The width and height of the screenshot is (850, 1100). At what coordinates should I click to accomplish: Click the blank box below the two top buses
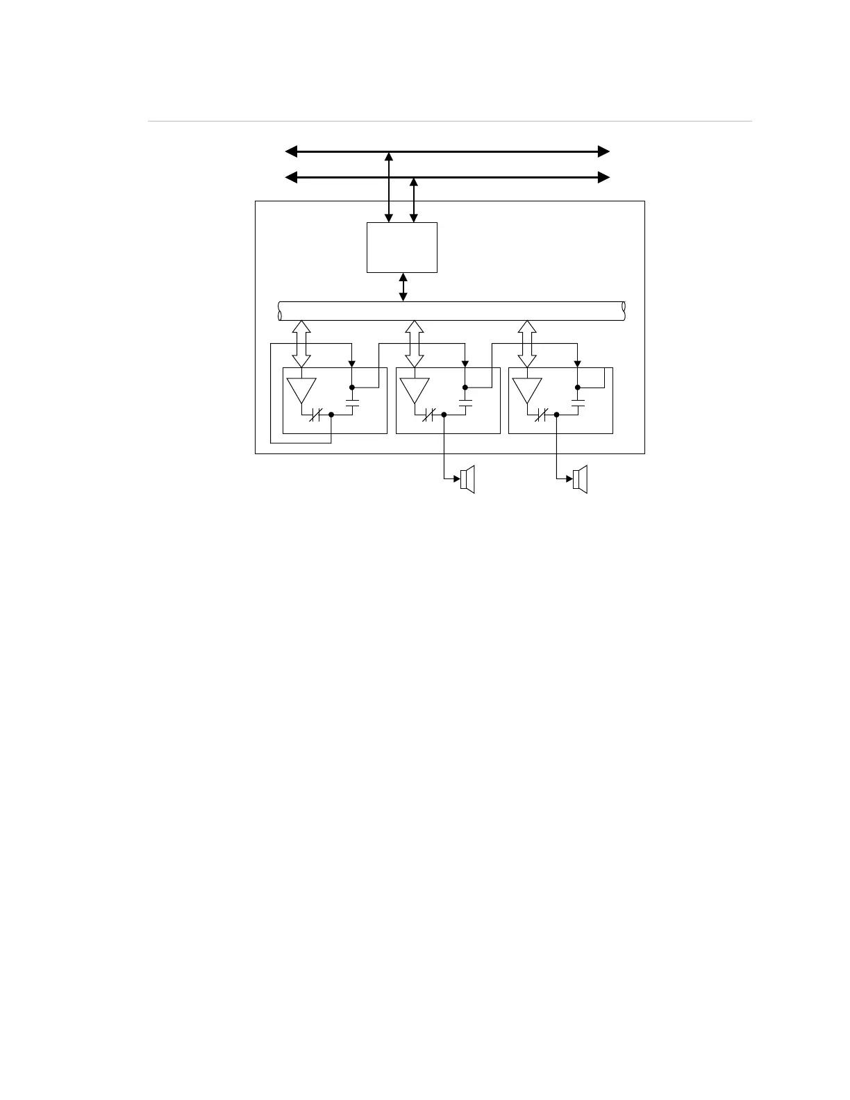point(402,247)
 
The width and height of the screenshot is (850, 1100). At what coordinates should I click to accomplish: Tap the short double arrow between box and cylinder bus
point(403,287)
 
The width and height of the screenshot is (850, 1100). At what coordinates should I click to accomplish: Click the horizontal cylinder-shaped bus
point(451,311)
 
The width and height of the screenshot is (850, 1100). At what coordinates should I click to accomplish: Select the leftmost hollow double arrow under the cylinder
point(301,344)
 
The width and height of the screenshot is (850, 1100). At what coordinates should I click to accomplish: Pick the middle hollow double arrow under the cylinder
point(415,344)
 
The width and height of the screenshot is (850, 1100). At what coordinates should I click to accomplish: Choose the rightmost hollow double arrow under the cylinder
point(528,344)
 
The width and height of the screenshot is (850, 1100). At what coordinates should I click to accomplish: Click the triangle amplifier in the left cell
point(301,390)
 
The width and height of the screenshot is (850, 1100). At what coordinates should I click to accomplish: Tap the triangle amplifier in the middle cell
point(415,390)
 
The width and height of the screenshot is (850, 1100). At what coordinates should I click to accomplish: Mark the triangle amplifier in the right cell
point(527,390)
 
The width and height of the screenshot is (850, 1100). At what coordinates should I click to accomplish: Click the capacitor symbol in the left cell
point(352,402)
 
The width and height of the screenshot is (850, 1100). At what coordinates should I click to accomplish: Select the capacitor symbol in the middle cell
point(465,402)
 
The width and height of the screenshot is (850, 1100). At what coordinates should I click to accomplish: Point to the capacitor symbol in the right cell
point(578,402)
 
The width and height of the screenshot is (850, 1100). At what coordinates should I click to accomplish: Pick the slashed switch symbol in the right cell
point(542,415)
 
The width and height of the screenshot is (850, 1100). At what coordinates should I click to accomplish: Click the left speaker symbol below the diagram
point(467,479)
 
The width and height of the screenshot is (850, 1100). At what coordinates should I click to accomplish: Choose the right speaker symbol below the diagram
point(581,479)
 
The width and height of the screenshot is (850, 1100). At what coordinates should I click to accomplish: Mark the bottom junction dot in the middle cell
point(444,415)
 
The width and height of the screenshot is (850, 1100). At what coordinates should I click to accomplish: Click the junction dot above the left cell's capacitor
point(352,387)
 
